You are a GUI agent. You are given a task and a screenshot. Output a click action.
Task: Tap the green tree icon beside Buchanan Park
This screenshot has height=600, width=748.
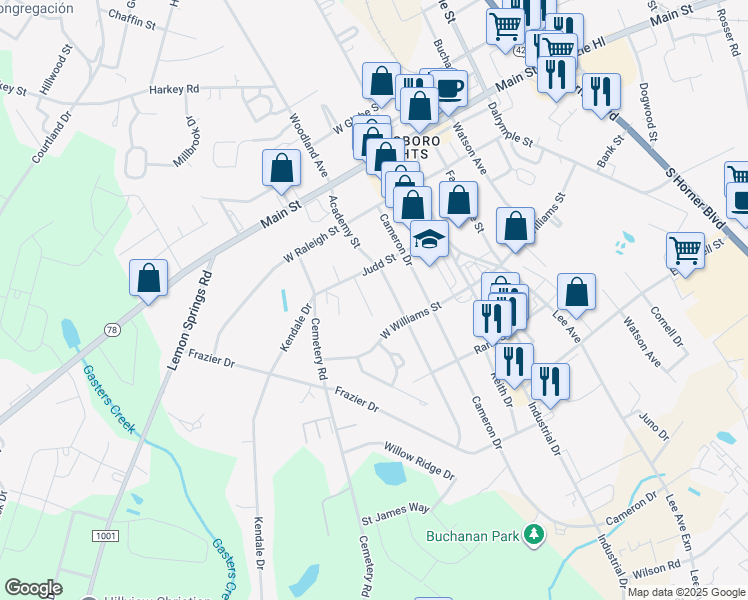click(x=535, y=535)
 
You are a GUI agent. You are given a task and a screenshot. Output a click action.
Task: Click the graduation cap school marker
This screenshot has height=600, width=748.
click(x=429, y=241)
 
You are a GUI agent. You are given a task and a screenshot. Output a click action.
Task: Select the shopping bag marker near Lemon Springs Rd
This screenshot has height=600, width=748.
click(x=148, y=277)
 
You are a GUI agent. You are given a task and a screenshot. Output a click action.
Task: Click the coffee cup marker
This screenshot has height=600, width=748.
click(x=448, y=88)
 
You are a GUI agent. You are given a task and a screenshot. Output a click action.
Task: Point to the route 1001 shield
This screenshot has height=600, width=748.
click(x=105, y=536)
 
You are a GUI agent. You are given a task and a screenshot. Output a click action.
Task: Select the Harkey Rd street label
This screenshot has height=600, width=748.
click(x=175, y=89)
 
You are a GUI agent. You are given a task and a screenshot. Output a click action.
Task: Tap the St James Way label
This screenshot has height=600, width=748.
click(x=395, y=520)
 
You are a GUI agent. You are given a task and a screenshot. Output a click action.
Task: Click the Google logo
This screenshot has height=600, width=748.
click(x=33, y=588)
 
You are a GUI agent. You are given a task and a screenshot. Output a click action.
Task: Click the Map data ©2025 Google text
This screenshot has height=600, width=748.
click(x=686, y=592)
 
